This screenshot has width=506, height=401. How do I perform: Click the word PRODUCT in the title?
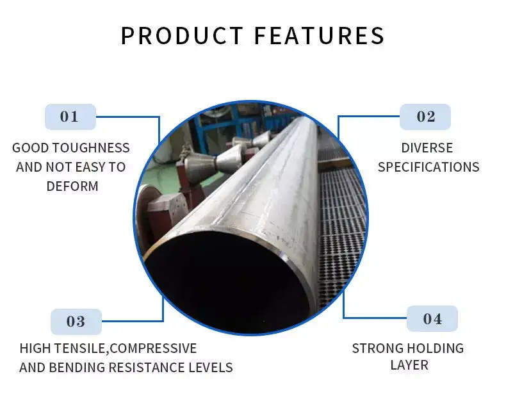[181, 35]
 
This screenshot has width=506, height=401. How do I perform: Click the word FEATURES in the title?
[320, 35]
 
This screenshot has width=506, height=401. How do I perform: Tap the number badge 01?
[69, 117]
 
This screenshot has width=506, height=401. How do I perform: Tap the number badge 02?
[425, 117]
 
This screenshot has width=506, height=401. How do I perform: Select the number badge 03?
[76, 322]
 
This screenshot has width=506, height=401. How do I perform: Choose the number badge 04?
[432, 318]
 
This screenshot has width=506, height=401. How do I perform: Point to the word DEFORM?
[72, 186]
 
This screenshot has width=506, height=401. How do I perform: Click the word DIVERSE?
[427, 148]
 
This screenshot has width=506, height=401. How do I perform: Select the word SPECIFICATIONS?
[428, 167]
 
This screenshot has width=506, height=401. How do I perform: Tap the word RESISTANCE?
[150, 368]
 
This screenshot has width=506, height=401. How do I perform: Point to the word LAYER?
[409, 365]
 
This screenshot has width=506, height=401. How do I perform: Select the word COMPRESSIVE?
[154, 348]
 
